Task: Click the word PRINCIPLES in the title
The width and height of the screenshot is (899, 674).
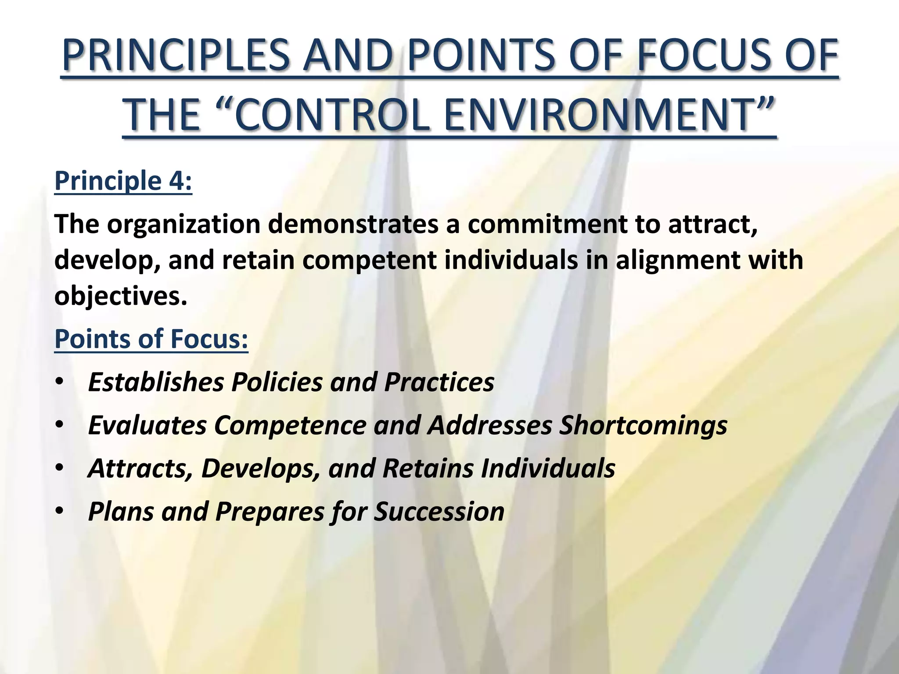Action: tap(176, 56)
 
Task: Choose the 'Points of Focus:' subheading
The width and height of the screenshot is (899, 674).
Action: tap(151, 339)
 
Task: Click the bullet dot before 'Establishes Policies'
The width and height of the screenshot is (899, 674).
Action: tap(60, 382)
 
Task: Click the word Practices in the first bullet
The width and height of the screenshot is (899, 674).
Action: tap(439, 382)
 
